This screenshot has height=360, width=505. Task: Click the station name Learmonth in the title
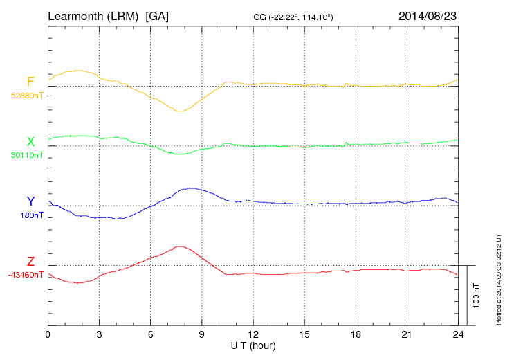click(x=77, y=15)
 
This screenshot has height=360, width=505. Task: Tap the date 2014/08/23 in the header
click(x=428, y=15)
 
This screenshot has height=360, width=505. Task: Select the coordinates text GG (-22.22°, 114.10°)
click(x=294, y=16)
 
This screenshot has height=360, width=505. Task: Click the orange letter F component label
click(x=30, y=82)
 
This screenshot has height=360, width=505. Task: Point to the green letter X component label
click(x=30, y=142)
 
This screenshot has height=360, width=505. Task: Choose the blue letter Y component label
click(x=30, y=201)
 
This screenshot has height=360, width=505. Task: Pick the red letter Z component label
click(x=30, y=262)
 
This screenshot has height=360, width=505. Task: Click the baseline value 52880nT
click(x=27, y=96)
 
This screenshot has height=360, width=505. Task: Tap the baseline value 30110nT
click(x=27, y=155)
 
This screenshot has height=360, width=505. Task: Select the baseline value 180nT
click(x=32, y=215)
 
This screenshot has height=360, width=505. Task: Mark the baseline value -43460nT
click(x=26, y=275)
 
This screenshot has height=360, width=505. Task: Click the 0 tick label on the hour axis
click(x=48, y=335)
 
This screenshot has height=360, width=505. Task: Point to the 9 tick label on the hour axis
click(x=202, y=335)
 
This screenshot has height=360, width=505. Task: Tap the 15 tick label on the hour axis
click(x=304, y=335)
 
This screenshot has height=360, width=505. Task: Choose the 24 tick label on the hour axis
click(x=458, y=335)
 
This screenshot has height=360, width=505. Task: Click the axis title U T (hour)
click(x=253, y=345)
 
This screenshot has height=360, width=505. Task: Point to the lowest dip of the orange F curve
click(x=179, y=111)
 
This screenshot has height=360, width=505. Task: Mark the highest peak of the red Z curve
click(x=181, y=246)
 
